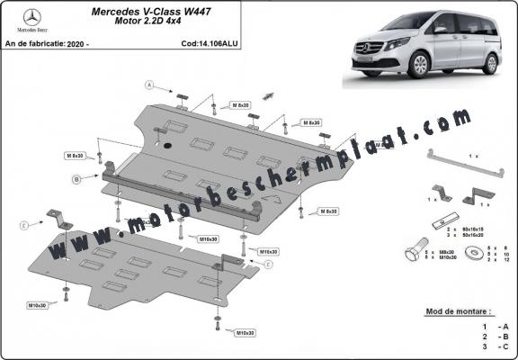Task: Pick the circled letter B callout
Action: (x=77, y=180)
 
